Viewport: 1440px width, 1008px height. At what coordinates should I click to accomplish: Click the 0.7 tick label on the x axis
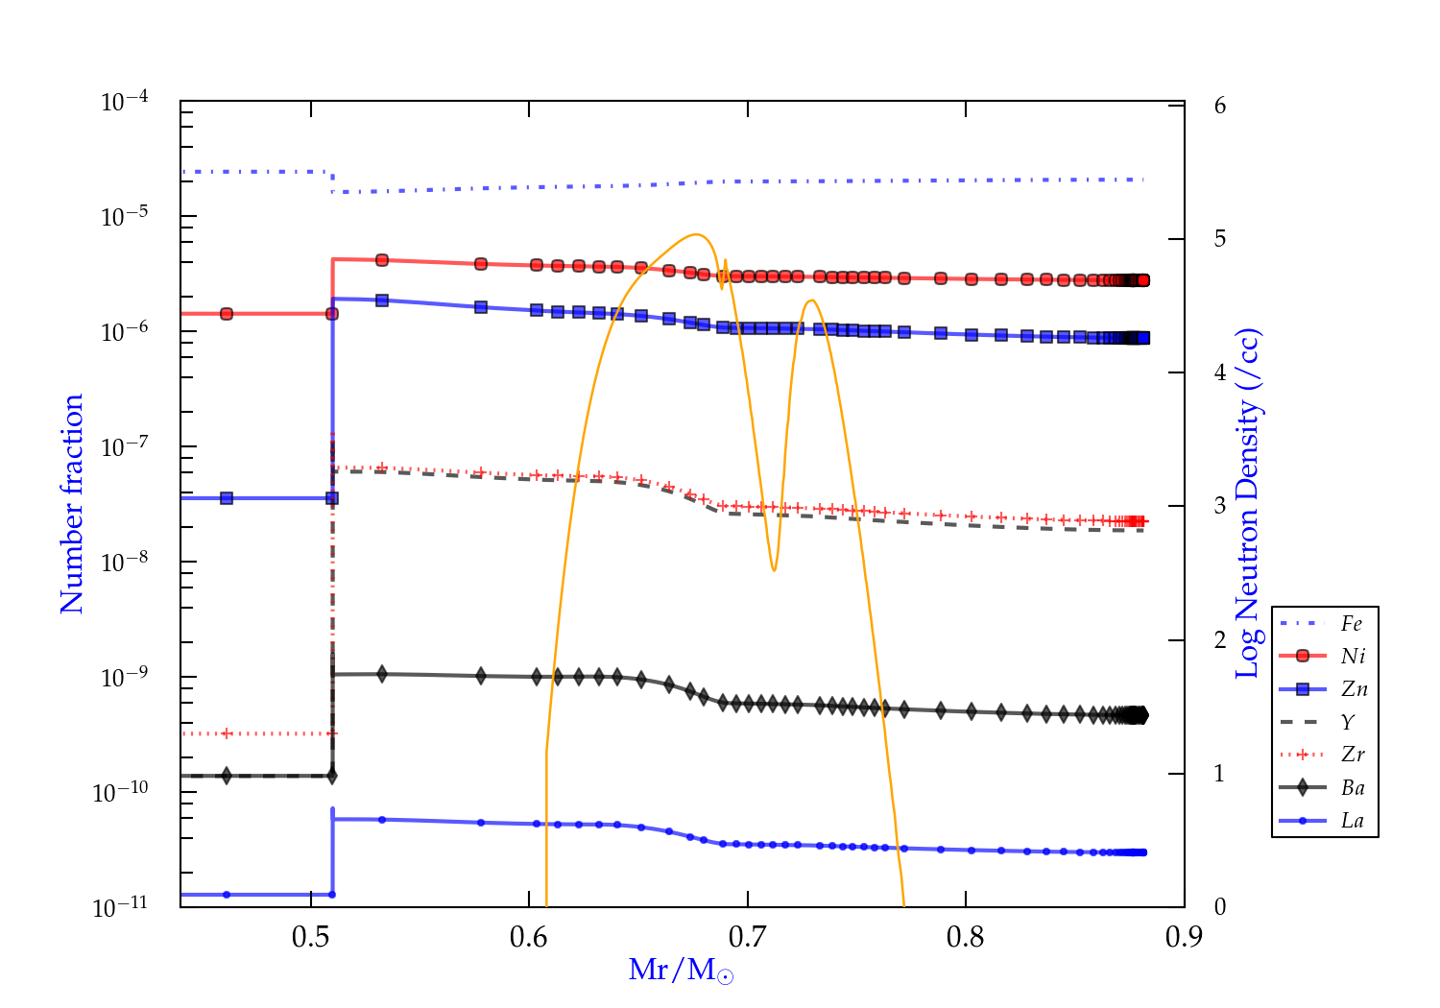(747, 937)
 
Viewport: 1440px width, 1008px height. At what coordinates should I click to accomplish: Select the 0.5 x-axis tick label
(310, 937)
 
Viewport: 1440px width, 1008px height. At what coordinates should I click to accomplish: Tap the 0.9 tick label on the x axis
(1184, 937)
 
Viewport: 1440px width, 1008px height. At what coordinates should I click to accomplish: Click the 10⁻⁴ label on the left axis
(125, 101)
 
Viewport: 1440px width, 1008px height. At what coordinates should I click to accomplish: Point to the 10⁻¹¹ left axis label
(121, 906)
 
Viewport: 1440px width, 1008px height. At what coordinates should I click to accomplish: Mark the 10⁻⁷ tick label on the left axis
(125, 446)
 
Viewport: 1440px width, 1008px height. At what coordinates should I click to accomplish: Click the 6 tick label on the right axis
(1219, 105)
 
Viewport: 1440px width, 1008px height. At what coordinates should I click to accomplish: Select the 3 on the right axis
(1219, 506)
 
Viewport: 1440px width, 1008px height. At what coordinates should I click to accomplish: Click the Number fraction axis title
(72, 504)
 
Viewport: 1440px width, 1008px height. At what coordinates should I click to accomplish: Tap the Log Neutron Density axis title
(1247, 504)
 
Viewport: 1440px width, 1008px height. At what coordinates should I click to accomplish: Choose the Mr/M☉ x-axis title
(681, 971)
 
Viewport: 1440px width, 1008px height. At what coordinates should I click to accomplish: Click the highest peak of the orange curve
(696, 234)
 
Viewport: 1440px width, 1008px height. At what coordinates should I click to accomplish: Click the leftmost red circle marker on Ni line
(227, 314)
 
